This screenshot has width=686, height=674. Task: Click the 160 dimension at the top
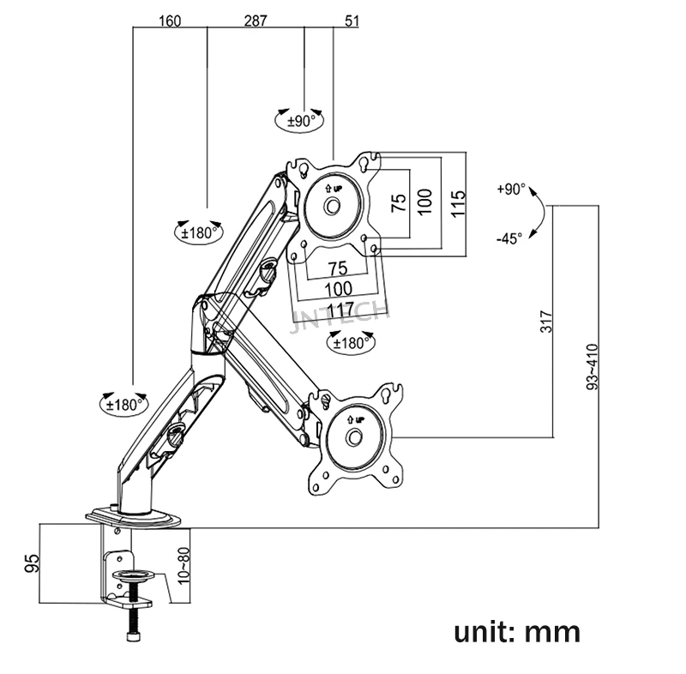pyautogui.click(x=170, y=21)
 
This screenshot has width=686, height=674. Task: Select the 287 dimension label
pyautogui.click(x=256, y=20)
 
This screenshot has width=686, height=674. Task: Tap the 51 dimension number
pyautogui.click(x=352, y=21)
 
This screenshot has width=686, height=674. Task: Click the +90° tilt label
pyautogui.click(x=510, y=189)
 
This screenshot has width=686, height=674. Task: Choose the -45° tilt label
pyautogui.click(x=509, y=238)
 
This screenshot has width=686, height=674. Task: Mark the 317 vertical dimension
pyautogui.click(x=546, y=322)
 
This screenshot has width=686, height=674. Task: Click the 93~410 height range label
pyautogui.click(x=591, y=366)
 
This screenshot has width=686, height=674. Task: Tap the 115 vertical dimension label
pyautogui.click(x=458, y=203)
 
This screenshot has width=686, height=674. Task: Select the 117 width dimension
pyautogui.click(x=340, y=310)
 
